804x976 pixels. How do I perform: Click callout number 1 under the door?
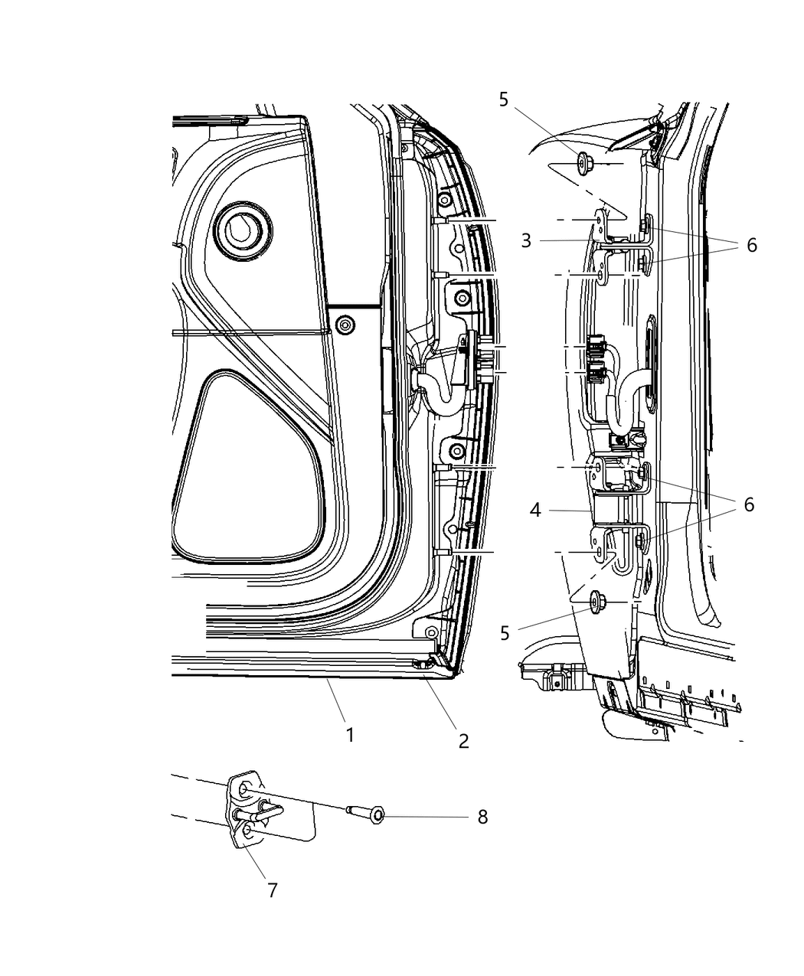click(x=350, y=735)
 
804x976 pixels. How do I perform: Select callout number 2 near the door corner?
click(x=463, y=740)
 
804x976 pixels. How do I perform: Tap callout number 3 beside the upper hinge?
click(x=526, y=240)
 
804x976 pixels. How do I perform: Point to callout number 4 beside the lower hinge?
click(x=535, y=509)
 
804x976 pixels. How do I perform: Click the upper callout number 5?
click(x=503, y=100)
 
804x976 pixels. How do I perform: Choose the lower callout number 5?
click(x=503, y=632)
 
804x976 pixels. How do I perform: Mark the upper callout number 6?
click(x=752, y=245)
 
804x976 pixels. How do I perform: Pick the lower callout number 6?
click(x=748, y=504)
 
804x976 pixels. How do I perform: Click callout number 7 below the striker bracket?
click(x=272, y=890)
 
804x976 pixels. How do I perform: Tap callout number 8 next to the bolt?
click(x=482, y=817)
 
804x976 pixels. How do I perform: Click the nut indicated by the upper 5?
click(x=583, y=162)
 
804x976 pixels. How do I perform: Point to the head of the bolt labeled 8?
click(x=377, y=817)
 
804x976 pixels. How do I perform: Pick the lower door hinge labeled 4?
click(x=613, y=509)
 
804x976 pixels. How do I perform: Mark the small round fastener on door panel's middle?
click(x=346, y=324)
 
